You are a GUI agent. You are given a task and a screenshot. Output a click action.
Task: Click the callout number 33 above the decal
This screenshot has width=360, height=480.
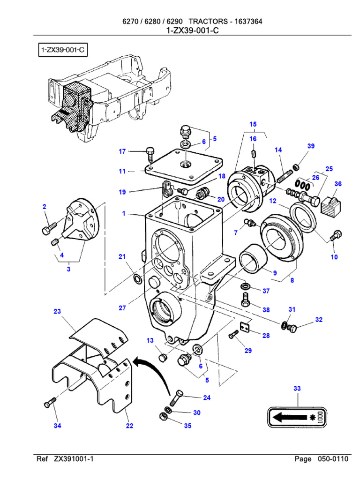297,389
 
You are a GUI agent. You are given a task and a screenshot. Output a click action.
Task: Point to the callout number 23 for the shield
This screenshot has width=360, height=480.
58,311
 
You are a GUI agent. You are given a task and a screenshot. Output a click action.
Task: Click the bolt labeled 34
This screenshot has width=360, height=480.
50,403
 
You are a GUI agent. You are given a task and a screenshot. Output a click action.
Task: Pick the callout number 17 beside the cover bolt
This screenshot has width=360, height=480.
122,151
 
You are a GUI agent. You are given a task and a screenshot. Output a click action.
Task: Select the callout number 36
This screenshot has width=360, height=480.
338,184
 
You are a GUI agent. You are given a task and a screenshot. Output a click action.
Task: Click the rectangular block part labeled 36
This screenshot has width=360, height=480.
330,204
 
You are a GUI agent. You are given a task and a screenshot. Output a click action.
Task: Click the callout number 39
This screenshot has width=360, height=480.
311,146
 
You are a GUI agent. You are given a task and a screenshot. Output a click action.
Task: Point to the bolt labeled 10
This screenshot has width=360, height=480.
336,234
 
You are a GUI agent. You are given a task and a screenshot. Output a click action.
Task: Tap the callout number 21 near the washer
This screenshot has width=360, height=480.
122,256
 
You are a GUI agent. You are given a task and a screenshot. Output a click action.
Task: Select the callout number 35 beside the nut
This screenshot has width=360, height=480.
187,426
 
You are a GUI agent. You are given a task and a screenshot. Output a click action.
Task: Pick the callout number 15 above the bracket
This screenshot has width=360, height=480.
253,124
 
